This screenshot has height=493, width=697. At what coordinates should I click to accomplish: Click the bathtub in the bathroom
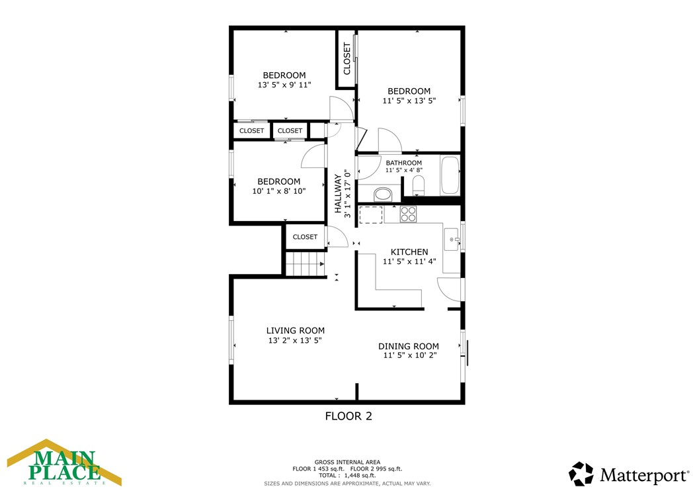tap(450, 175)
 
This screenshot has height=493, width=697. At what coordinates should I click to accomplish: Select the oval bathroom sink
tap(383, 195)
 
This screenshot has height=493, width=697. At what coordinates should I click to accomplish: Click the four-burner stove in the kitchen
tap(408, 214)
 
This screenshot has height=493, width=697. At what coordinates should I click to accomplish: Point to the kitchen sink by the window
tap(452, 239)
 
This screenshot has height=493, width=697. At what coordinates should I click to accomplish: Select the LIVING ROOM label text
tap(295, 331)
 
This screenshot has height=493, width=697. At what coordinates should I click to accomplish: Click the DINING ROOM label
tap(409, 346)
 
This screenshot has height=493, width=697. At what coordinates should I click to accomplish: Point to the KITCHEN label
tap(409, 252)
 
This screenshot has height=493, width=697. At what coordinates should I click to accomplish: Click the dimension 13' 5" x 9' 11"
tap(284, 85)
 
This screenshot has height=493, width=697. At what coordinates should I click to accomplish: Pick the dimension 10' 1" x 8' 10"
tap(278, 191)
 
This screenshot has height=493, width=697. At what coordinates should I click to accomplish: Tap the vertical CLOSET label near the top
tap(347, 59)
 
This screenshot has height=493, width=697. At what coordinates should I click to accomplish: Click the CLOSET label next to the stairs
tap(305, 237)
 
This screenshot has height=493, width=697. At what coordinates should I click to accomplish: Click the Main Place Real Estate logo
tap(64, 463)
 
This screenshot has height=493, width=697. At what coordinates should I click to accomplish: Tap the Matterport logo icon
tap(581, 474)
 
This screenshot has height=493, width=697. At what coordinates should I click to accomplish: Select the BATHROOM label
tap(403, 163)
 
